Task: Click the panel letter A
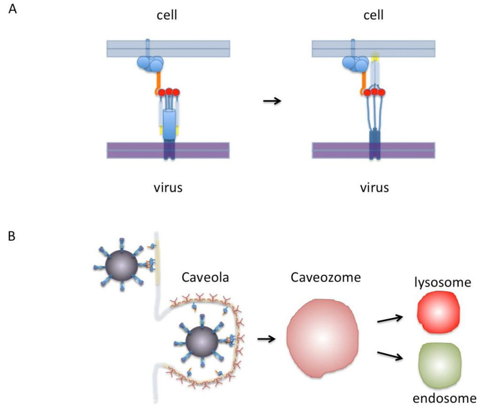13,9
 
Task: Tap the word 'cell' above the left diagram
168,15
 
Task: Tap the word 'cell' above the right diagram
373,15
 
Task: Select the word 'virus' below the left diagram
168,188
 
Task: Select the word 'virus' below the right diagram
374,188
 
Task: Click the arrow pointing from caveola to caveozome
266,338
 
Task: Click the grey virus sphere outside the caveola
121,265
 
